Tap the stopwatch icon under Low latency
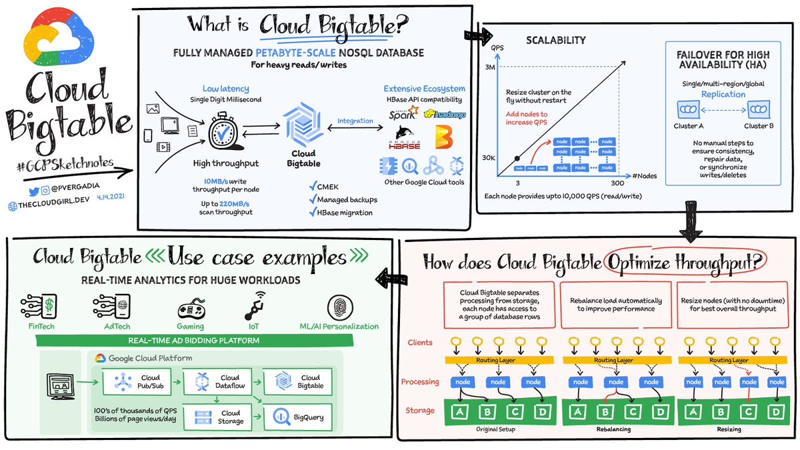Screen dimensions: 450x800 [221, 129]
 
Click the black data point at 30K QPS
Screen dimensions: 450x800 [517, 159]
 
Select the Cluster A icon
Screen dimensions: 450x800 [686, 109]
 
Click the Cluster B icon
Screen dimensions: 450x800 [759, 109]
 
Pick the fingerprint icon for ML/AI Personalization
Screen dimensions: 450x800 [339, 307]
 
